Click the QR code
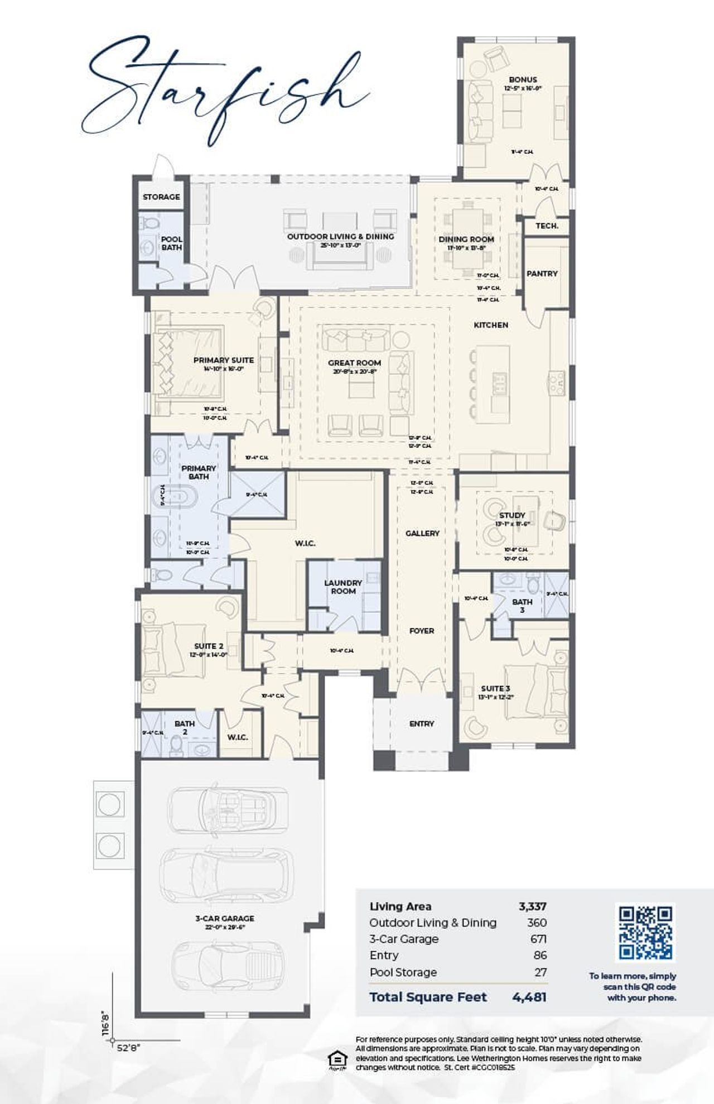(646, 933)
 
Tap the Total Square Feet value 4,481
(529, 997)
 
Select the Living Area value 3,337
(532, 906)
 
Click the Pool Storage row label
(403, 972)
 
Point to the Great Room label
(354, 363)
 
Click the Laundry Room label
(343, 587)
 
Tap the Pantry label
(542, 273)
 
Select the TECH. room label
(547, 225)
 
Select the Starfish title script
(223, 89)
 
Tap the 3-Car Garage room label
(225, 918)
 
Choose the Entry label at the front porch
(421, 723)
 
